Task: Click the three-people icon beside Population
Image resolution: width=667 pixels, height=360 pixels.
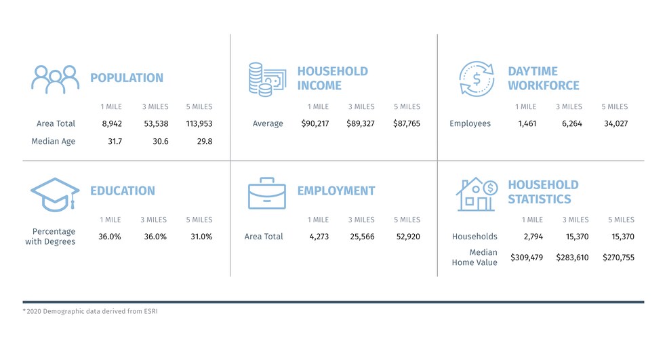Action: [55, 79]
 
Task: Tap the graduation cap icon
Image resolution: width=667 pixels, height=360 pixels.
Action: [55, 194]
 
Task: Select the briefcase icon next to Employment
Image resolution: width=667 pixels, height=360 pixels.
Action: [266, 193]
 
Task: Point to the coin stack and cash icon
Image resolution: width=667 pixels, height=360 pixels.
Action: [266, 79]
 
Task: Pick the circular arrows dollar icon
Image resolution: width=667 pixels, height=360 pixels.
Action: [477, 79]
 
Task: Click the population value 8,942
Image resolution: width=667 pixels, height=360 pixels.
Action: [111, 124]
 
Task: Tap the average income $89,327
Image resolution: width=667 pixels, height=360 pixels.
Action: [361, 124]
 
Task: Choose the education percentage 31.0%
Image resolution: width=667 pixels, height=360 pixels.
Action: [199, 237]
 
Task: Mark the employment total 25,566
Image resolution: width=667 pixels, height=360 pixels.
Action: [361, 237]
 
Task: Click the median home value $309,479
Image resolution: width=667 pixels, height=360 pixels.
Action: [525, 258]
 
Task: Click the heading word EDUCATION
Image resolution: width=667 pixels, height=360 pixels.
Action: [123, 191]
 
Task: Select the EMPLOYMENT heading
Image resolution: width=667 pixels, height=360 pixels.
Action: [336, 191]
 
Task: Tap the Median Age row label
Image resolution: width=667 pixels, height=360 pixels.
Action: [54, 142]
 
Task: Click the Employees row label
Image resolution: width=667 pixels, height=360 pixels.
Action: [470, 124]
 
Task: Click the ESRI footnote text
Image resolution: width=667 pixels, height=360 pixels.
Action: [94, 311]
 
